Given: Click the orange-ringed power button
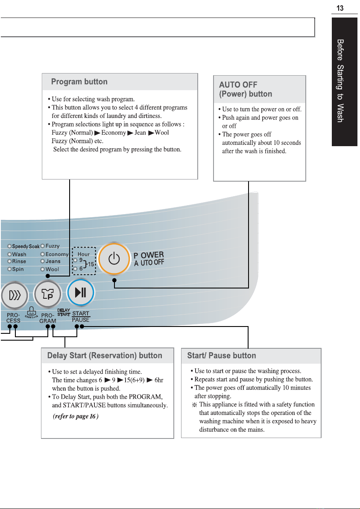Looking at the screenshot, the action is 114,259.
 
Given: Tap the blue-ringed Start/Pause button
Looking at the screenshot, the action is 80,292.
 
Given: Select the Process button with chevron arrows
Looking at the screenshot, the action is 14,295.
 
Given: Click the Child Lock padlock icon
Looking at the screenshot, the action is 32,311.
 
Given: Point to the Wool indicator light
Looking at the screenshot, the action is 42,269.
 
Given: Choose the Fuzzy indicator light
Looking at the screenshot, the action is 42,246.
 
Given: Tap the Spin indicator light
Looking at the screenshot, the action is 10,269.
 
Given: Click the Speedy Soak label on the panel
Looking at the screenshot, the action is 26,247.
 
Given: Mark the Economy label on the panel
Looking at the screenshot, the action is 57,254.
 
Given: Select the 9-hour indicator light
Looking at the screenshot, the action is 76,260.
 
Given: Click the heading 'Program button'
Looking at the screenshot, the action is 79,82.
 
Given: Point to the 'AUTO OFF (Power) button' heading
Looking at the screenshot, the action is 246,89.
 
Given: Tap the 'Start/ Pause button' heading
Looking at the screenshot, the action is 222,356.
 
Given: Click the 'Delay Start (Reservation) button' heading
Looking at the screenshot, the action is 105,356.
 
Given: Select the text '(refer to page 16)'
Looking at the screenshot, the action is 76,416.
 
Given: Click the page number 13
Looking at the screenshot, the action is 340,8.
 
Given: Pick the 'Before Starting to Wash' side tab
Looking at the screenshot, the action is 344,82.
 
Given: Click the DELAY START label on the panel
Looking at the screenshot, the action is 64,312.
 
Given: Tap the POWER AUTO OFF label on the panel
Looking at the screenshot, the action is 149,259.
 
